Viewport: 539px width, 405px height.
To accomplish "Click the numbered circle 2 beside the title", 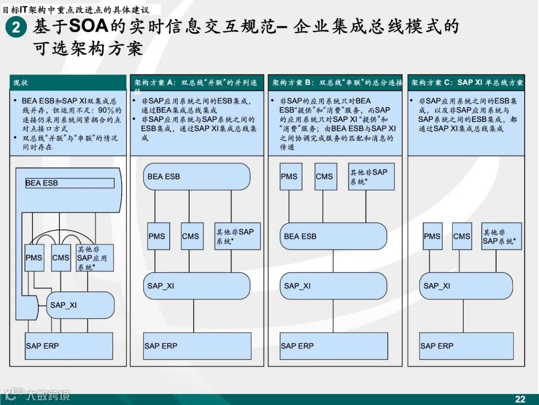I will pyautogui.click(x=16, y=27).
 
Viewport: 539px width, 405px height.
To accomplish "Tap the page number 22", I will pyautogui.click(x=520, y=398).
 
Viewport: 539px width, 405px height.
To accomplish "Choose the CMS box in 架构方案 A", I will pyautogui.click(x=192, y=236).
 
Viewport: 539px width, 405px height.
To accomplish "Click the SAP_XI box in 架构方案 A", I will pyautogui.click(x=197, y=286).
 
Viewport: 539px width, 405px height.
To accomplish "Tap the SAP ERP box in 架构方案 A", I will pyautogui.click(x=197, y=345).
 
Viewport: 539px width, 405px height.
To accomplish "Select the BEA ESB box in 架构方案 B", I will pyautogui.click(x=333, y=236).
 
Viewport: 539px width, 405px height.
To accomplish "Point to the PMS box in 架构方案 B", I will pyautogui.click(x=291, y=176).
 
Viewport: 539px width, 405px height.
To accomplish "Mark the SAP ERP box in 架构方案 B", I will pyautogui.click(x=333, y=345).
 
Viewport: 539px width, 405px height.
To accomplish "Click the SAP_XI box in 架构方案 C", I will pyautogui.click(x=466, y=286).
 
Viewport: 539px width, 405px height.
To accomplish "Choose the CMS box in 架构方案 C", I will pyautogui.click(x=462, y=236).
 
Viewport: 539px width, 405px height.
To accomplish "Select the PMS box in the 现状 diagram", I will pyautogui.click(x=34, y=258).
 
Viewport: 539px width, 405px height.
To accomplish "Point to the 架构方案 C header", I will pyautogui.click(x=467, y=82).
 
